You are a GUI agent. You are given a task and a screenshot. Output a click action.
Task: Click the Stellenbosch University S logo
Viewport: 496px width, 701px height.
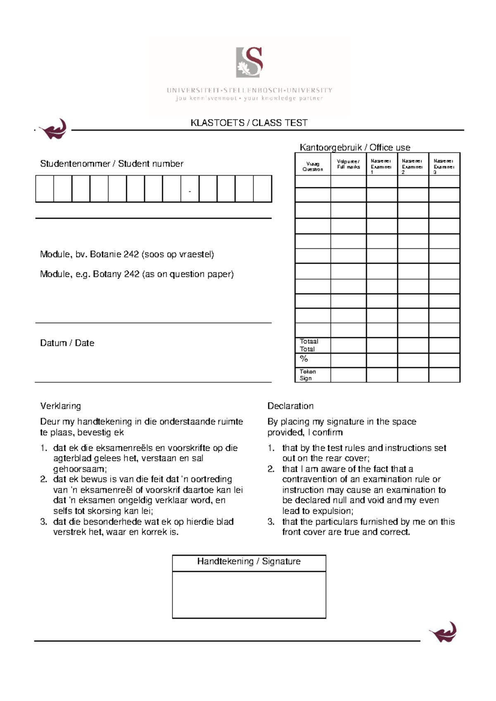click(249, 62)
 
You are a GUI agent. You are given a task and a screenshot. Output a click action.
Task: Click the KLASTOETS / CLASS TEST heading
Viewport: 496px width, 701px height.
click(249, 123)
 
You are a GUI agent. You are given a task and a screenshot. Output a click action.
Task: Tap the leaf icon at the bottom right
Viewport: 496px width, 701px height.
click(443, 632)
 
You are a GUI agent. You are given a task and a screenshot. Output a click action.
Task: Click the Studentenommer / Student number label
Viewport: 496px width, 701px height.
click(112, 164)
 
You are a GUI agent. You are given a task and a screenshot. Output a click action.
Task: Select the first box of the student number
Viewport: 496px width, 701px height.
click(45, 189)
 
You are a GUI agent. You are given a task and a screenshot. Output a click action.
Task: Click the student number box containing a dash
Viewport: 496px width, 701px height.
click(190, 189)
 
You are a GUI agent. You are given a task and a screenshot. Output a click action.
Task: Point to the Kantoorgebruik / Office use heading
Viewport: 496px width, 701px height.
click(355, 148)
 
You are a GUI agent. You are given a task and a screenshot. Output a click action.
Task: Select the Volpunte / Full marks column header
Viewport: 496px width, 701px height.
click(348, 164)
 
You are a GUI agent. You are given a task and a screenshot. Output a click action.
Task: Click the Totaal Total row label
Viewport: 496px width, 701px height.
click(309, 345)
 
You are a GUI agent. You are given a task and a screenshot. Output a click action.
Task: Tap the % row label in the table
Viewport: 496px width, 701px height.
click(304, 359)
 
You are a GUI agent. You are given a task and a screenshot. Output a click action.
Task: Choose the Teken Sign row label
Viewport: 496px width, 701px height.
click(308, 374)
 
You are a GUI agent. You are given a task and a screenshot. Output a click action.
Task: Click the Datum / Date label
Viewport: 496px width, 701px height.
click(67, 343)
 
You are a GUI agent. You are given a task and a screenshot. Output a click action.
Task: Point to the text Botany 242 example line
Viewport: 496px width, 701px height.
click(137, 274)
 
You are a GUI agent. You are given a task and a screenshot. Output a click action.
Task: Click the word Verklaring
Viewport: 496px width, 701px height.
click(60, 406)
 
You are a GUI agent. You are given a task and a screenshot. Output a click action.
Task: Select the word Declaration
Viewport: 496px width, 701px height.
click(290, 406)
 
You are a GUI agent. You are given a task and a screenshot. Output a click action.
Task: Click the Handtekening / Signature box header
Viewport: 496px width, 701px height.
click(249, 561)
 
